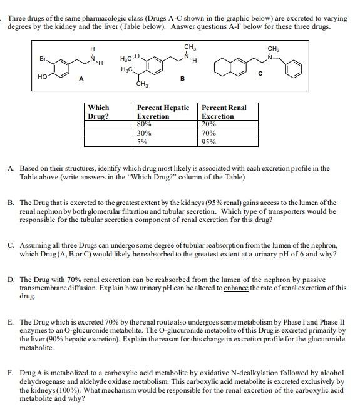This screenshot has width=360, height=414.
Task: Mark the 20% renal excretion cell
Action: [209, 124]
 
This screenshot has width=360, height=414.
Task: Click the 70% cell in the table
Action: [209, 133]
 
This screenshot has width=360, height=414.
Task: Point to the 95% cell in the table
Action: [209, 141]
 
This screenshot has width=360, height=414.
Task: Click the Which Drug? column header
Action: [99, 111]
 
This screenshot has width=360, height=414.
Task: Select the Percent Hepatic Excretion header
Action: [163, 111]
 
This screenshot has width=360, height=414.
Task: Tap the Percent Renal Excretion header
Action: [224, 111]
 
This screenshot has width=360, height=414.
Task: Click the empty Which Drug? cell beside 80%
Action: [109, 124]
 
